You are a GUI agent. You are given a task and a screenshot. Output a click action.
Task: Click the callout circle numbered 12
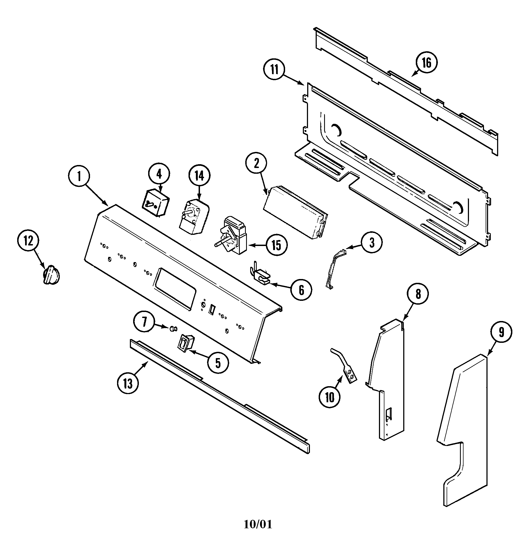28,241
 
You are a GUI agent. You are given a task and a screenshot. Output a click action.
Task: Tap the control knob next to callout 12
51,275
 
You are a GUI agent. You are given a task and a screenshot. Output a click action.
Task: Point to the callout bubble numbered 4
159,174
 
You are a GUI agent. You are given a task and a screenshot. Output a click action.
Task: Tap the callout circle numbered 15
276,245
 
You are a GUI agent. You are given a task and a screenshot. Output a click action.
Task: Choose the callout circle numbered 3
372,242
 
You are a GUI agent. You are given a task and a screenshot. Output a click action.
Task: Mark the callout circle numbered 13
128,383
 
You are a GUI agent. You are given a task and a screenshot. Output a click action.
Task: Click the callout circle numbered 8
418,294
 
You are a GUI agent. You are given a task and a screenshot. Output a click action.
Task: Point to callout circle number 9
501,333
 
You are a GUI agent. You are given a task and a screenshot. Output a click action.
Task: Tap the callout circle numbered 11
274,69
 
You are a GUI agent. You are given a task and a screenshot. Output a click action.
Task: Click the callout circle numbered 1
79,176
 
